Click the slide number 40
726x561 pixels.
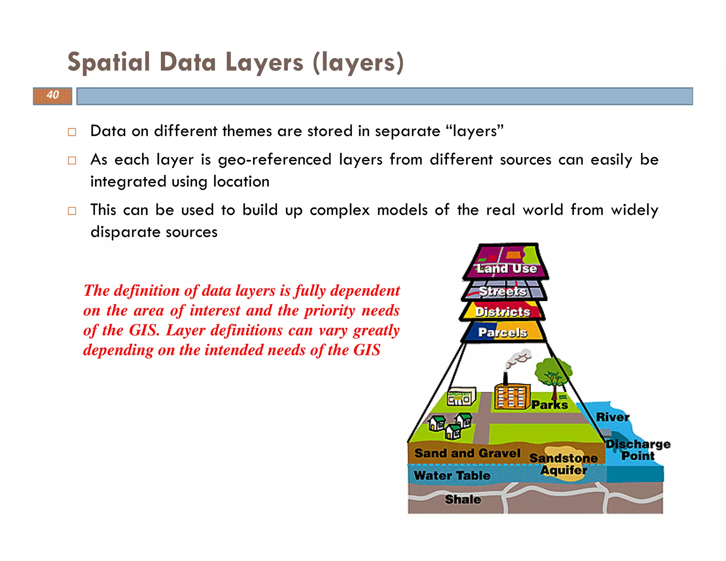(53, 95)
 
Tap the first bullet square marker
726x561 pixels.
(72, 132)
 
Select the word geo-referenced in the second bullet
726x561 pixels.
(274, 160)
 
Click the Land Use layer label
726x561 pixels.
(507, 268)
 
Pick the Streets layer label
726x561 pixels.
(503, 291)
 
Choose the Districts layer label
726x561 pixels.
(503, 312)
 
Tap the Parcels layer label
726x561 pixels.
(503, 332)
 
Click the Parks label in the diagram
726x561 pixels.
(549, 405)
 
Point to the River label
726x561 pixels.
(613, 417)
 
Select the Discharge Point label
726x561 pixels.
(638, 450)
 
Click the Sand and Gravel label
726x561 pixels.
(467, 453)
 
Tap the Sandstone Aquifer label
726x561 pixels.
(564, 464)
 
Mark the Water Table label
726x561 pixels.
(452, 475)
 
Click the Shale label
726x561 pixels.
(463, 499)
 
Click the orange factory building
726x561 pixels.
(512, 396)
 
